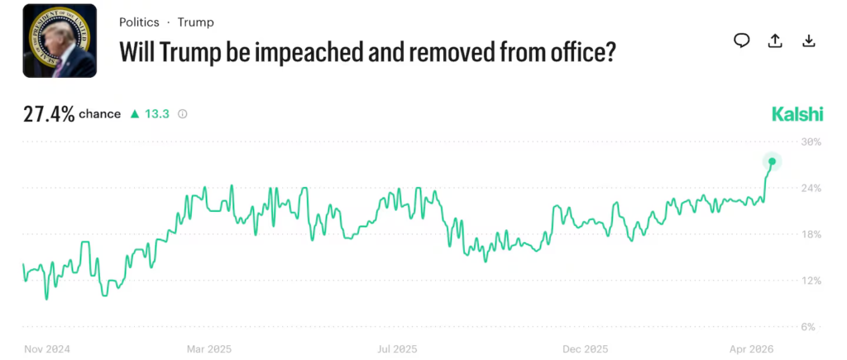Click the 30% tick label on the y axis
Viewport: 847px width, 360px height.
[811, 142]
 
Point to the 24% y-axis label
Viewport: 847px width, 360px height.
[811, 188]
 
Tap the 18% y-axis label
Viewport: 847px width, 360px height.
[811, 234]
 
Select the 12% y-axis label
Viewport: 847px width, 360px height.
[811, 281]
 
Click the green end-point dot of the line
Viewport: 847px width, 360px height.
[772, 161]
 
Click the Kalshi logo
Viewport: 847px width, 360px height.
[797, 114]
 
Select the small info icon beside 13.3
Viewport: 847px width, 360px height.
[183, 114]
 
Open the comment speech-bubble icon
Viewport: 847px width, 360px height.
[742, 41]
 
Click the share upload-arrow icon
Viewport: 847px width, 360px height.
[775, 41]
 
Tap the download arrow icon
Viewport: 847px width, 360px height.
[809, 41]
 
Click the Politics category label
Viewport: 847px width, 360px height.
[139, 22]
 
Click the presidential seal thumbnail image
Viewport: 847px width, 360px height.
[60, 41]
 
